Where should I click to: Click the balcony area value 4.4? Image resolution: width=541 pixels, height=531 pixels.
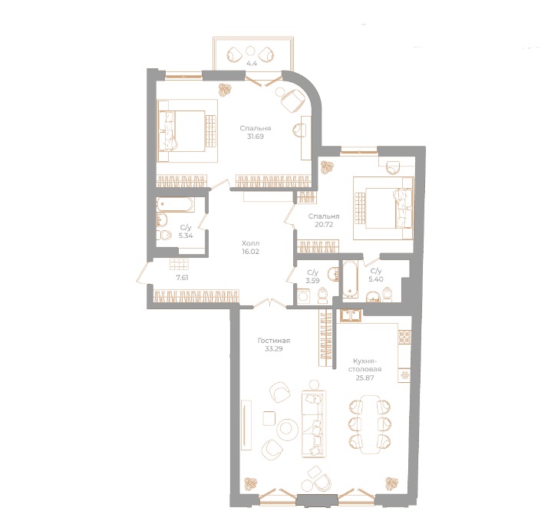point(252,64)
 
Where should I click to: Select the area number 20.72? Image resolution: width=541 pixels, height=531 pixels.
point(324,226)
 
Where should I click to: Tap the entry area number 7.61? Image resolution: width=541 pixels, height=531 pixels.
point(182,278)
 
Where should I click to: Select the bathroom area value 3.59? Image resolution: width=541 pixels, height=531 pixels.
point(312,282)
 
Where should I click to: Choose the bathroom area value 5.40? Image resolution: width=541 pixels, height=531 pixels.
point(376,282)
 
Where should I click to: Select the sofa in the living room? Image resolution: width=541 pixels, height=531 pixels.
point(314,421)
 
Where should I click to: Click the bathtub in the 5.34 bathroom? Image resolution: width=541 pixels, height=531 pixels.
point(176,205)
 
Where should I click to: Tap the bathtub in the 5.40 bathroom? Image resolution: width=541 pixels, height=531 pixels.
point(351,281)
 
